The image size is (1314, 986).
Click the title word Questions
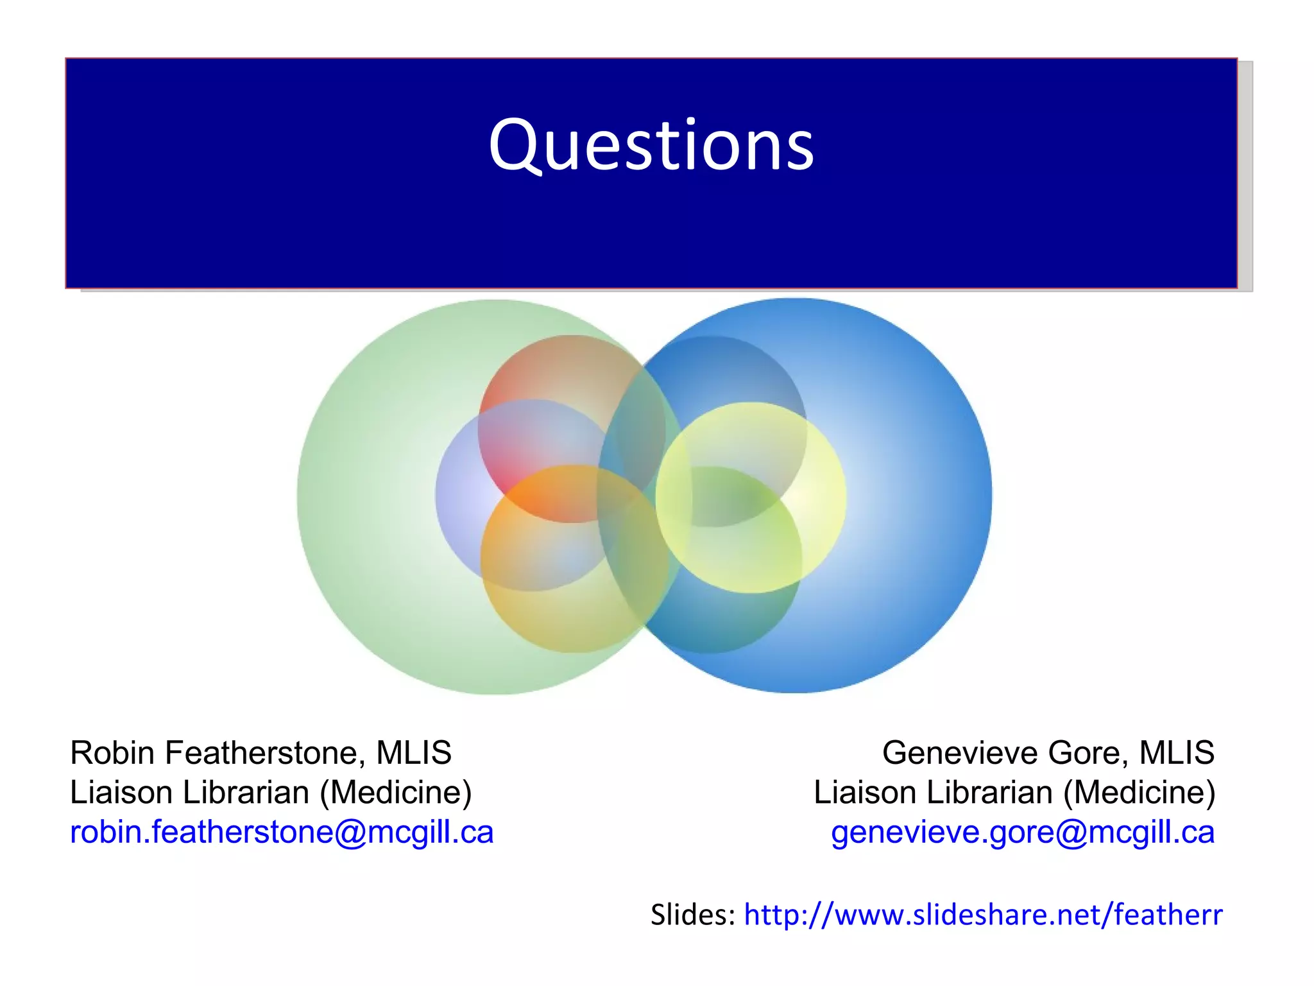(651, 146)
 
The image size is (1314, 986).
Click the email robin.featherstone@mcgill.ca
(282, 833)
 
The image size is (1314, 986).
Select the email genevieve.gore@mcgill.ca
(1023, 833)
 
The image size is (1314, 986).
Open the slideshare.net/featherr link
(983, 915)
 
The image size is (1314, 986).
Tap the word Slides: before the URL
(692, 915)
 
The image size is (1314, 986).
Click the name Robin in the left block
(112, 753)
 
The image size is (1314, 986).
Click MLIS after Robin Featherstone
(414, 753)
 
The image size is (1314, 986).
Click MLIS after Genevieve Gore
(1177, 753)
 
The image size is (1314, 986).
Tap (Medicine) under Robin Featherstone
(396, 793)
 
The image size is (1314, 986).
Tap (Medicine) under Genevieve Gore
(1139, 793)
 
